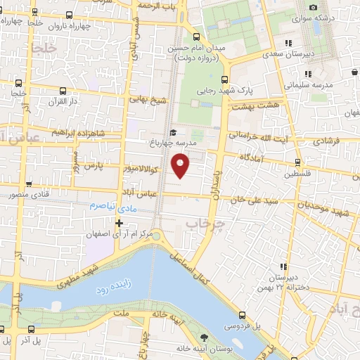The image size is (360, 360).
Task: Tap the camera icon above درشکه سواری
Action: pos(312,7)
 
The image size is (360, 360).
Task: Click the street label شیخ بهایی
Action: pos(148,101)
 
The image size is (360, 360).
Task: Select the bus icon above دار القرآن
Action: pos(63,91)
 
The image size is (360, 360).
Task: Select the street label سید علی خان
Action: pos(258,199)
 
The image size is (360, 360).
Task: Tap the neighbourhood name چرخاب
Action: pos(203,222)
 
